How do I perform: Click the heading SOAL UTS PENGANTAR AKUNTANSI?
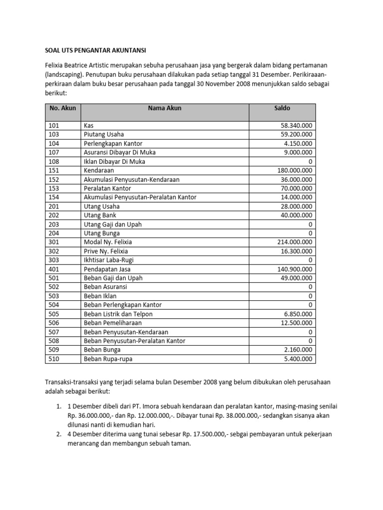pos(93,50)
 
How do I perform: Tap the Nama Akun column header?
pos(165,108)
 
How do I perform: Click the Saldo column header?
pos(282,108)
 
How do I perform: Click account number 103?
pos(53,134)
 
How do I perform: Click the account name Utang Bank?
pos(100,215)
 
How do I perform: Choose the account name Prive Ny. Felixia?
pos(106,251)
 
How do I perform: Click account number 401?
pos(53,269)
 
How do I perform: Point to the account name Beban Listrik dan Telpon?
pos(118,314)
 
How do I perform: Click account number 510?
pos(53,359)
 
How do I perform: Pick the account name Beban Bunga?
pos(102,350)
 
